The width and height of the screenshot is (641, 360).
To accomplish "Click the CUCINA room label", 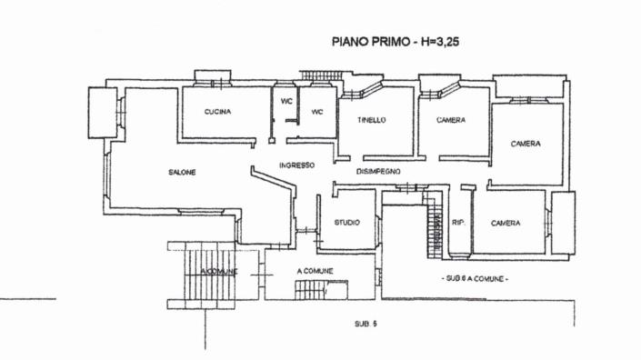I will click(217, 112).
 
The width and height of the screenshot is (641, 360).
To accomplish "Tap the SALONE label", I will click(182, 172).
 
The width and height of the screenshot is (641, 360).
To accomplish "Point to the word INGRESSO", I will click(296, 165).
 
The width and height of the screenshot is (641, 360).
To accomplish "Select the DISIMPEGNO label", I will click(378, 171).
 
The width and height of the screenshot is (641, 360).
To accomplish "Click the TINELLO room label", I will click(371, 120).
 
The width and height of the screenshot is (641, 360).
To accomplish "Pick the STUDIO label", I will click(346, 222).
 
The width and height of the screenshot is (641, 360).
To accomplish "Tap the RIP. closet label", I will click(459, 222).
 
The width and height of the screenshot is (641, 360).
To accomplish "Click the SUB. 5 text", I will click(366, 324).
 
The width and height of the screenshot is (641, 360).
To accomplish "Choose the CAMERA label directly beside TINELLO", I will click(451, 120).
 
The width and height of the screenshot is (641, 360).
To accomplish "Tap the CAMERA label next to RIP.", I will click(505, 222).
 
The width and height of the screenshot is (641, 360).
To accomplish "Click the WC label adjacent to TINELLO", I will click(317, 112).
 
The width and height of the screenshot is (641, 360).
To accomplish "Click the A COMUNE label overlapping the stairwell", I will click(218, 271).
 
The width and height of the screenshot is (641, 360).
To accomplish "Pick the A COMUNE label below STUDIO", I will click(315, 271).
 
